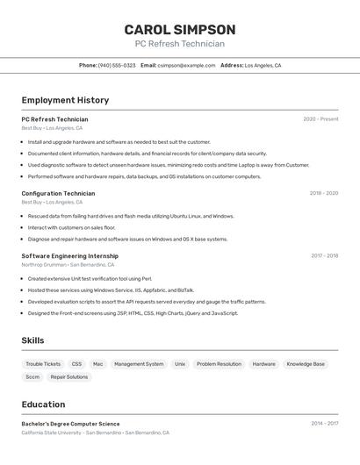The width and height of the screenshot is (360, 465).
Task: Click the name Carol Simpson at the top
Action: [179, 29]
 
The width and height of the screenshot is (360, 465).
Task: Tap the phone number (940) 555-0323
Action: [117, 65]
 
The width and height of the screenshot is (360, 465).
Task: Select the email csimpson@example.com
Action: [186, 65]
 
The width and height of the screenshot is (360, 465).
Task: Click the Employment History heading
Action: [65, 100]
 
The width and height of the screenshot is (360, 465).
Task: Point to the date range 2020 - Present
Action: [320, 119]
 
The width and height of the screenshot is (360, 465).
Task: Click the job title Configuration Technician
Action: [58, 193]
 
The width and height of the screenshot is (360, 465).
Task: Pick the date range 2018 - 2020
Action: [323, 193]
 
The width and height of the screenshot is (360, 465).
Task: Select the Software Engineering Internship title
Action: [69, 256]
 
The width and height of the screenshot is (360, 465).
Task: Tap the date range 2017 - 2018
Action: [324, 256]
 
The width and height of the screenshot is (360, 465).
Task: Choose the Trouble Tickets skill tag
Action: [43, 363]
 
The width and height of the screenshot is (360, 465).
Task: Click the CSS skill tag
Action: [76, 363]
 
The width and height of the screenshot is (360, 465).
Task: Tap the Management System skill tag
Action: [139, 363]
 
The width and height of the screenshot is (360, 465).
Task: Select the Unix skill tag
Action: [180, 363]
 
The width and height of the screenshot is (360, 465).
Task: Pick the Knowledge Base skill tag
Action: [306, 363]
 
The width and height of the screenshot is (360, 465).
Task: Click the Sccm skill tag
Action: [32, 377]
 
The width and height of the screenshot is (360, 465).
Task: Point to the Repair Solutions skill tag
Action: [69, 377]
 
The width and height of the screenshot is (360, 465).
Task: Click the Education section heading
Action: [43, 404]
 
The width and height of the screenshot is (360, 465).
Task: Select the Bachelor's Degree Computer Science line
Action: [70, 424]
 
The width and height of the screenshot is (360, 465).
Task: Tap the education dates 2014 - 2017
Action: [324, 424]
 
